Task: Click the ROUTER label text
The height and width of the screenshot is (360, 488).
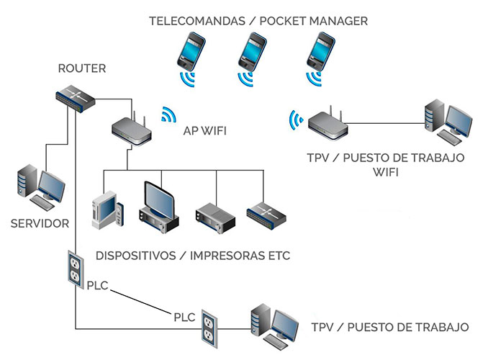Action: tap(81, 69)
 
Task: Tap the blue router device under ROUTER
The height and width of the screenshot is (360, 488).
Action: tap(77, 97)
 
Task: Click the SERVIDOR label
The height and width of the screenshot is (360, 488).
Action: tap(40, 223)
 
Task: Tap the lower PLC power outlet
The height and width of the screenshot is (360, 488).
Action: tap(209, 325)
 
